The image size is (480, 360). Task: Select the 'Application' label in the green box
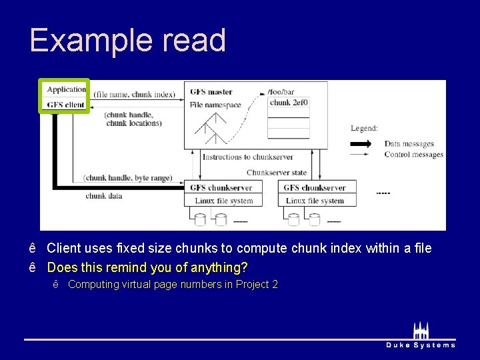[67, 89]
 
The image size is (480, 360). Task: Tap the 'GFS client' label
[65, 105]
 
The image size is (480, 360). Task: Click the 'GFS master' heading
[211, 92]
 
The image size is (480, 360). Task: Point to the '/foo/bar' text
[280, 91]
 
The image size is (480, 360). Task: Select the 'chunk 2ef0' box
[289, 103]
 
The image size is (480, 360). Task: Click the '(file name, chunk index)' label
[134, 95]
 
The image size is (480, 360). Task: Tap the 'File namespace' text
[215, 105]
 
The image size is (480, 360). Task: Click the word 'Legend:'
[364, 129]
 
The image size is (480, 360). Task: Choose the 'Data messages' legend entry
[409, 144]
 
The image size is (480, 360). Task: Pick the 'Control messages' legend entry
[413, 155]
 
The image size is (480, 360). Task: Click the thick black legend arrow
[363, 144]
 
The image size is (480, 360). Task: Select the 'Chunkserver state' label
[276, 173]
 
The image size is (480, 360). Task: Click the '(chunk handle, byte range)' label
[127, 178]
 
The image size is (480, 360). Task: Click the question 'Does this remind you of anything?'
[147, 267]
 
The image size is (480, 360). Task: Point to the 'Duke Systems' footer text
[421, 345]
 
